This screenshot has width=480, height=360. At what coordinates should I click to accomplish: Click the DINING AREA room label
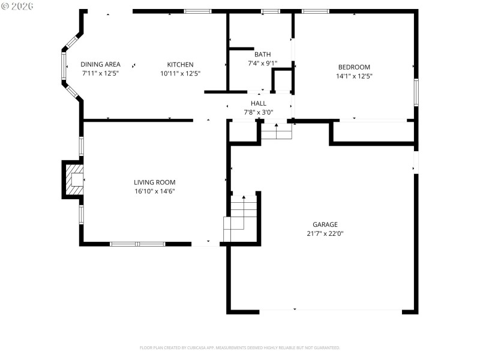101,64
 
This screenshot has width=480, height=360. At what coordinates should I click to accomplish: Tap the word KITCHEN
180,64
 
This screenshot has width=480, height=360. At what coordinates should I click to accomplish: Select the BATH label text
262,54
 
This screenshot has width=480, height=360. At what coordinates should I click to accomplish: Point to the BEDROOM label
354,67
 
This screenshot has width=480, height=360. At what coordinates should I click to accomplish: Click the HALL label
259,103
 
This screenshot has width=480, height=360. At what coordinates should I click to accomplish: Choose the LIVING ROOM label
154,182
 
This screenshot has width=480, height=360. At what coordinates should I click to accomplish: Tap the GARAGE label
325,224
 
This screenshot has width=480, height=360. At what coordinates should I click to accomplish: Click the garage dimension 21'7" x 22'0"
325,233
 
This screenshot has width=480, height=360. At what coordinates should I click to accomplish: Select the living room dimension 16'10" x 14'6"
154,191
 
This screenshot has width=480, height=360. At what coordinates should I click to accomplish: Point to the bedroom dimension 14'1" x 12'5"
354,76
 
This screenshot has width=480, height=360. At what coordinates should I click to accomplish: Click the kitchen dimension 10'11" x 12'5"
180,73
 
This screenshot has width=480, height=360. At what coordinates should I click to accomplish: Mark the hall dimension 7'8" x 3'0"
259,112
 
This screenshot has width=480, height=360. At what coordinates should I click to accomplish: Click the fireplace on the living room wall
74,179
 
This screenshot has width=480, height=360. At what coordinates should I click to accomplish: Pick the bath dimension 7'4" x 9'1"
262,62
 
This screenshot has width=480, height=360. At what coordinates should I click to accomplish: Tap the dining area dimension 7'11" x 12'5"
101,73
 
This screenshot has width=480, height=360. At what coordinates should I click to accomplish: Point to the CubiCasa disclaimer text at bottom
240,347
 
